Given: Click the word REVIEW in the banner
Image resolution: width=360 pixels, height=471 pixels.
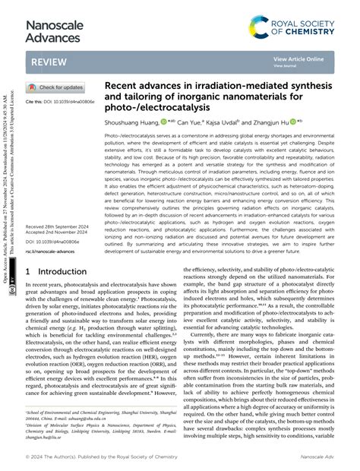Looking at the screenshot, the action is pos(51,62).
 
